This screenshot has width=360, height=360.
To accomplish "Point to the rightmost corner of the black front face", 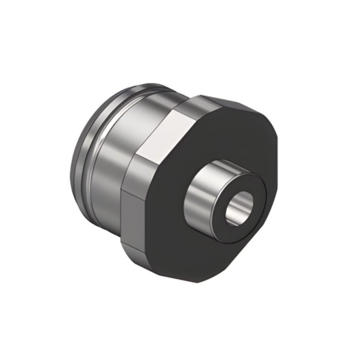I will click(x=278, y=149).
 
